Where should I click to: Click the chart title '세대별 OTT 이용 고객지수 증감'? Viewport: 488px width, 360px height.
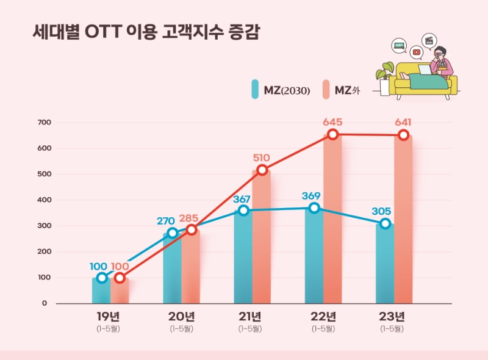point(146,32)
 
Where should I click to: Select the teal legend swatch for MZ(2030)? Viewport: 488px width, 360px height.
point(255,90)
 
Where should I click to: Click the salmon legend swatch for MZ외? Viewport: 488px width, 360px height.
point(326,90)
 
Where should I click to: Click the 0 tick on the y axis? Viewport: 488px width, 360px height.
point(45,303)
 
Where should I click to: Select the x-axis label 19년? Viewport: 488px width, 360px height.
point(110,316)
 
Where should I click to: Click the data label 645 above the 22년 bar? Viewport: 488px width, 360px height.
point(332,121)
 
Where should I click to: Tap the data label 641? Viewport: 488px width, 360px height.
point(403,121)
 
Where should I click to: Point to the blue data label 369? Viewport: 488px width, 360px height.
point(310,196)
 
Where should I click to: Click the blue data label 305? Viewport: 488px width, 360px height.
point(382,212)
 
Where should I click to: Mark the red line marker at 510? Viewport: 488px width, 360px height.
point(262,170)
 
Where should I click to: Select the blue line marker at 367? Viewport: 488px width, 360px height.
point(243,210)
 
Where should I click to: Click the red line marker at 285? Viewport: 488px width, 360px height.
point(191,229)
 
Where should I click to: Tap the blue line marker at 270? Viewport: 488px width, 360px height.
point(173,232)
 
